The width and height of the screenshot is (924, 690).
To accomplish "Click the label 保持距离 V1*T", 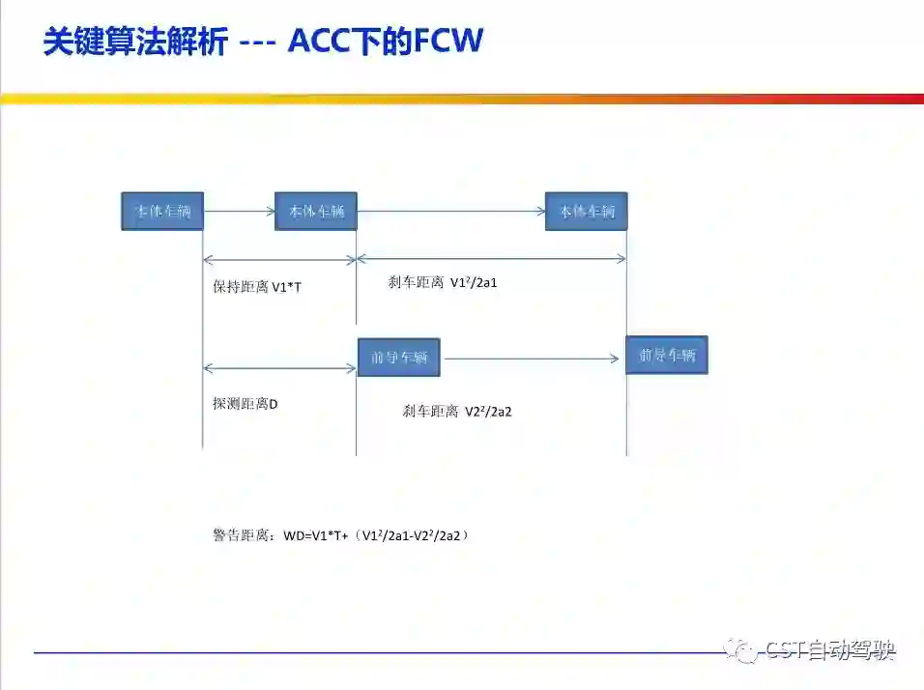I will coord(257,287).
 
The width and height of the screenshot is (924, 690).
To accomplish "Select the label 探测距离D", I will coord(245,403).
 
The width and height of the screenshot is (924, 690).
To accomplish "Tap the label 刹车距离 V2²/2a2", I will coord(457,411).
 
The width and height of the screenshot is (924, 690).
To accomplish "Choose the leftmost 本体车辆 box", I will coord(162,211).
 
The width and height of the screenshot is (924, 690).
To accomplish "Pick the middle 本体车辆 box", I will coord(316,211).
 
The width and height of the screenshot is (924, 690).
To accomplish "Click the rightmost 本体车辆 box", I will coord(586,211).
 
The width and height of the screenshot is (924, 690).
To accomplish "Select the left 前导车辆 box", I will coord(398,358).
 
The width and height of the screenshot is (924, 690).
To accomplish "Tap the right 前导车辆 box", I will coord(667,355).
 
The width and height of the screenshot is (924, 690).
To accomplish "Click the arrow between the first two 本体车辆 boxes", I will coord(239,211).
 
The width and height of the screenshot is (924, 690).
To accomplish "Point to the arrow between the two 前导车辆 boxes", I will coord(532,359).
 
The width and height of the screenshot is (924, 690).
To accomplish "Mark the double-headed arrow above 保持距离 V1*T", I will coord(280,259).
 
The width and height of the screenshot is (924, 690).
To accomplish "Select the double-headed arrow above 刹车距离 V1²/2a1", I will coord(491,258).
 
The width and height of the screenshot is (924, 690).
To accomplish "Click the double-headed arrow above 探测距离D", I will coord(280,367).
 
